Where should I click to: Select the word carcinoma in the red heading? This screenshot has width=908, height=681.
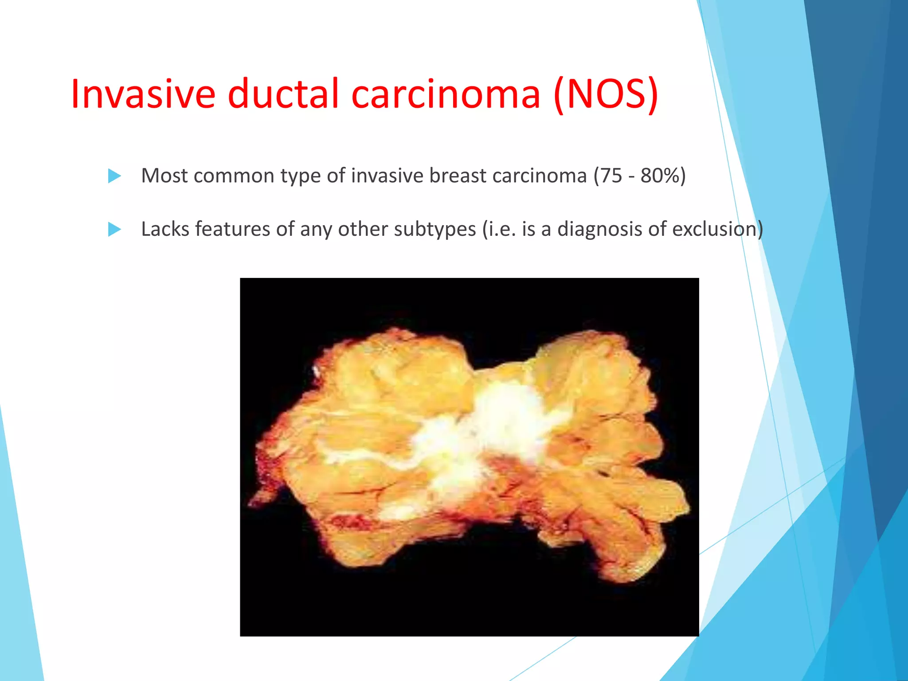446,94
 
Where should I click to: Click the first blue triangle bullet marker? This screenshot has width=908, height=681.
114,176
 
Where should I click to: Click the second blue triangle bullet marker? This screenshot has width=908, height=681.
114,229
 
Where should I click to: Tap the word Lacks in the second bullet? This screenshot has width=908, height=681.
165,229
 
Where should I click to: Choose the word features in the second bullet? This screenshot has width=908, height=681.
232,229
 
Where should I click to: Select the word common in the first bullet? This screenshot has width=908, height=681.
234,176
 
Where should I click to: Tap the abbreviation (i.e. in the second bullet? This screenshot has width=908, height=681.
499,229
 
